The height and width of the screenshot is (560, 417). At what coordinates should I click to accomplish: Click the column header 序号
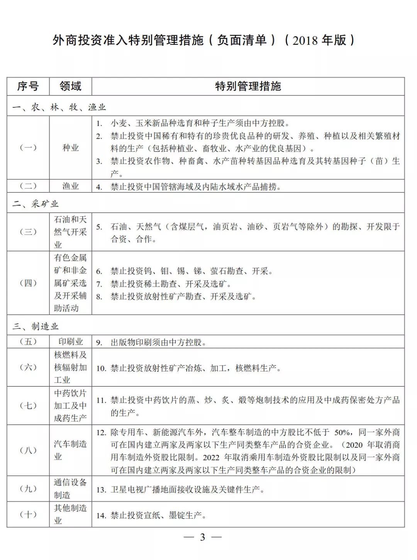28,86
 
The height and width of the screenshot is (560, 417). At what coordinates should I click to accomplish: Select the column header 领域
70,86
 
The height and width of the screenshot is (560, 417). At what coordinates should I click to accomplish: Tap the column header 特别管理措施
248,86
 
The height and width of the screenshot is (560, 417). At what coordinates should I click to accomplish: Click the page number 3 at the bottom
202,537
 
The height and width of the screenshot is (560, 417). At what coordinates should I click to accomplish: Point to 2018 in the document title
305,40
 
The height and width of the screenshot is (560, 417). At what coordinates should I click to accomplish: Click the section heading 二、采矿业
35,204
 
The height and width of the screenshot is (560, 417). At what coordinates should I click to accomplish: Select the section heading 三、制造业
35,326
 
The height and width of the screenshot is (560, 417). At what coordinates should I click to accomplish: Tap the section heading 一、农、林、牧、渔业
59,107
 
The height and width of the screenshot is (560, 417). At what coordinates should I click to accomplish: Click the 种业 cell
70,148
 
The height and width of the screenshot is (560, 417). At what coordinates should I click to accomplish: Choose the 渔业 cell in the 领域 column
70,186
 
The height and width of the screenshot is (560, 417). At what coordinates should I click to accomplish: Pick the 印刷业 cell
70,342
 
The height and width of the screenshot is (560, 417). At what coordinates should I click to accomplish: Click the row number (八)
28,450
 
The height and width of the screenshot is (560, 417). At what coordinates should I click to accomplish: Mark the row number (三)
28,232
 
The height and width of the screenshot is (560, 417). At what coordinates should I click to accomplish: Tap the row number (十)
28,514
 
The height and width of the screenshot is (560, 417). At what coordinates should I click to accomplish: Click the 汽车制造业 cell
70,450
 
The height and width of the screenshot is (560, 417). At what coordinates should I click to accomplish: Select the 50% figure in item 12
342,432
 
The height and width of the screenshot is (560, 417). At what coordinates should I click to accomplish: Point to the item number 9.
99,343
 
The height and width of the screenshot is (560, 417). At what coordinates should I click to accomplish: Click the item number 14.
101,516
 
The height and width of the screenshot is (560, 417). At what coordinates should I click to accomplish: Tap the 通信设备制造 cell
70,489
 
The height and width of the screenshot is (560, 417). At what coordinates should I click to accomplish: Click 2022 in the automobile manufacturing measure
211,458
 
